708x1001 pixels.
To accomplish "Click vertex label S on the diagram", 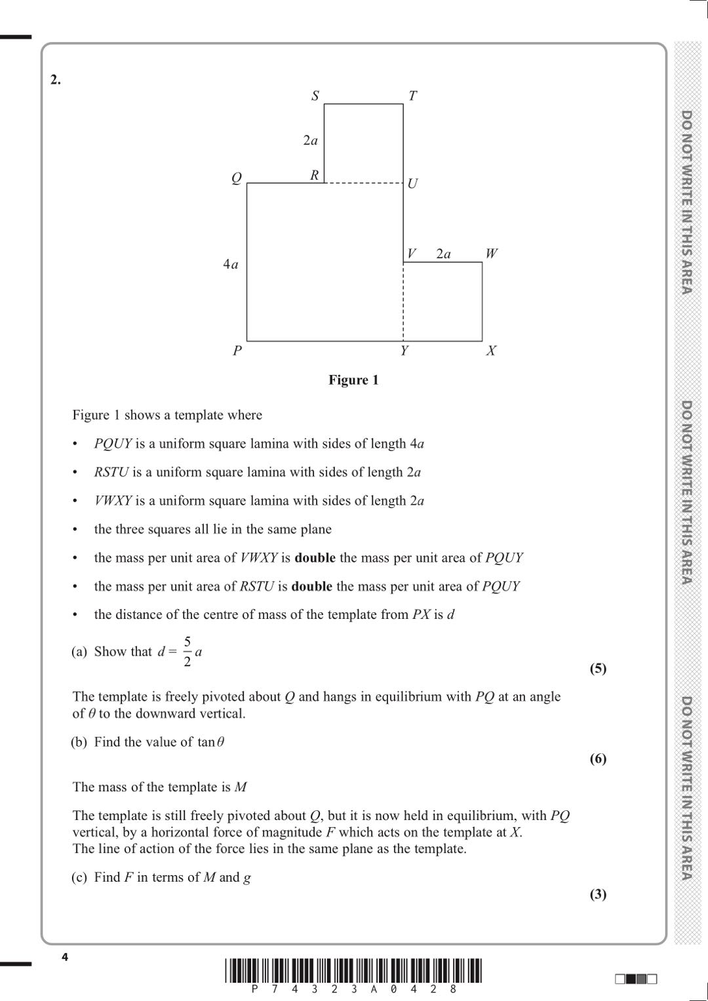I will [315, 96].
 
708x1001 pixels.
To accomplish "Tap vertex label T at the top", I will [412, 96].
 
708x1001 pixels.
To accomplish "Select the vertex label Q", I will [237, 178].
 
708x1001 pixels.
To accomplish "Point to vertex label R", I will [315, 175].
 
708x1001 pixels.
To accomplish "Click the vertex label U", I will [412, 184].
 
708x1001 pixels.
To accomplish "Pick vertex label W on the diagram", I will [491, 253].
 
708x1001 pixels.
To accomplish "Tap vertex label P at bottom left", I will [237, 351].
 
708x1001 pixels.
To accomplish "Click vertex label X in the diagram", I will [491, 351].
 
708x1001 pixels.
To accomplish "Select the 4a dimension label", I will [230, 264].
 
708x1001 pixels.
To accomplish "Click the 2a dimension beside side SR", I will [310, 140].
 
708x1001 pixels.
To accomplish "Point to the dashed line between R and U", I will [364, 183].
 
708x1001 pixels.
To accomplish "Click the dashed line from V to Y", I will [403, 302].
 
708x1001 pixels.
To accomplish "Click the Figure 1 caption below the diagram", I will [353, 380].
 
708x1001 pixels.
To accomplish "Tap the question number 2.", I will [56, 80].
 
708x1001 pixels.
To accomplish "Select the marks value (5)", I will [598, 669].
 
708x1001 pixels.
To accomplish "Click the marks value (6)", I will [598, 758].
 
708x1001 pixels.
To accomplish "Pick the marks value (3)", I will [598, 894].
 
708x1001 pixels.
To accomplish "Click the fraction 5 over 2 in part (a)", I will [187, 652].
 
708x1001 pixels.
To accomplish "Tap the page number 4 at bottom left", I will [64, 957].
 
